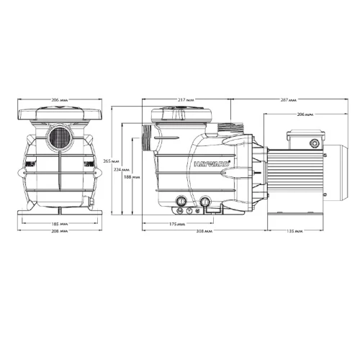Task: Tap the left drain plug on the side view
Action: (x=181, y=201)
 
